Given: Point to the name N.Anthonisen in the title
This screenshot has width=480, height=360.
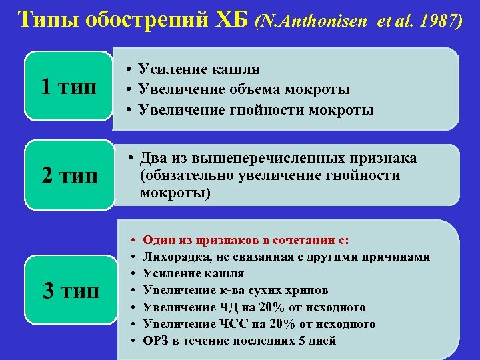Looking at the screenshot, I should pyautogui.click(x=307, y=21).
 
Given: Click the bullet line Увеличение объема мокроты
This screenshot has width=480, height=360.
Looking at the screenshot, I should pyautogui.click(x=244, y=89).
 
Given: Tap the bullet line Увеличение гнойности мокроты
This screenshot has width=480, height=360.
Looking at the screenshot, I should pyautogui.click(x=255, y=109).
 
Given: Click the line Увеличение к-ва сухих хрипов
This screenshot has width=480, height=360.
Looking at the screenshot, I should pyautogui.click(x=235, y=291).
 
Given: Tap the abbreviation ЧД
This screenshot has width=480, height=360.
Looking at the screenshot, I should pyautogui.click(x=224, y=307).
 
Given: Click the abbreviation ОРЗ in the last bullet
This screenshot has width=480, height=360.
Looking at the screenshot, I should pyautogui.click(x=155, y=341).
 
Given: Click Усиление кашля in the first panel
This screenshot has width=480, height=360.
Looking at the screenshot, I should pyautogui.click(x=199, y=69).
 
